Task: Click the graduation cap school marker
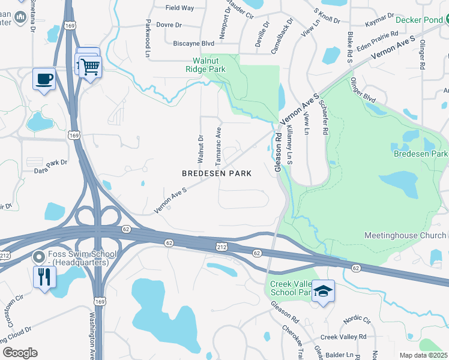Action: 323,292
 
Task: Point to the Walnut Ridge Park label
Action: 209,65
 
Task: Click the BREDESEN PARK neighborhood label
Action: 216,173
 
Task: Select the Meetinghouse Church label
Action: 405,235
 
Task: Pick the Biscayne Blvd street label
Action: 193,43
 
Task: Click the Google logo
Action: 20,353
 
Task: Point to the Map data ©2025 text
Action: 423,355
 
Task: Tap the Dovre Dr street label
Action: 169,25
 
